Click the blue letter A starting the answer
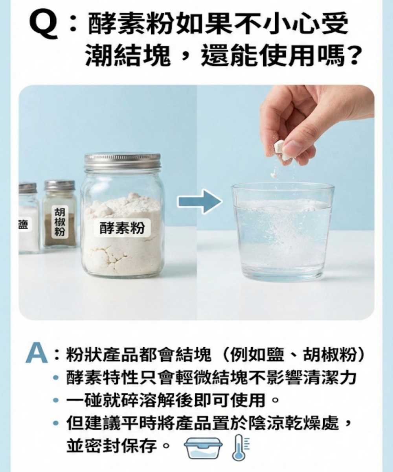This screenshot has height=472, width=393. (x=37, y=353)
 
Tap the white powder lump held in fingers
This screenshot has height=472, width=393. (x=281, y=149)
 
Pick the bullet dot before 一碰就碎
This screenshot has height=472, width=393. (x=56, y=400)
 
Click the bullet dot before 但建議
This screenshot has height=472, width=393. (x=56, y=423)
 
